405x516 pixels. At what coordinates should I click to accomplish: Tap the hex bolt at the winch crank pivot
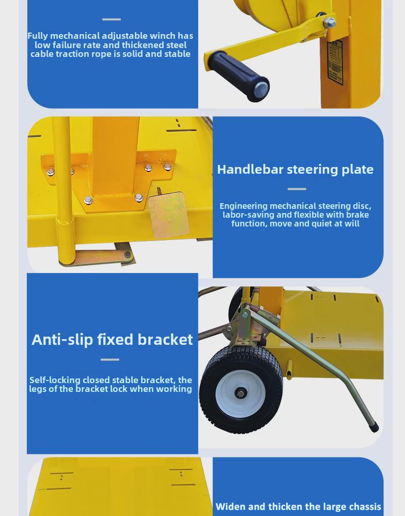(330, 23)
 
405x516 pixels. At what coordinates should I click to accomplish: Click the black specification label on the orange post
(335, 63)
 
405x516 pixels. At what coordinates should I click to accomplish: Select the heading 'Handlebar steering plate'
(295, 170)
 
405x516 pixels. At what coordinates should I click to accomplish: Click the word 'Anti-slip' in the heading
(62, 340)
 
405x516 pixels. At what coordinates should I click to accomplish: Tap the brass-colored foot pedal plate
(168, 215)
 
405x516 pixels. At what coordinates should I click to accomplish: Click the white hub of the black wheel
(241, 393)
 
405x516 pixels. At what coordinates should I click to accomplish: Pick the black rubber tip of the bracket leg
(374, 427)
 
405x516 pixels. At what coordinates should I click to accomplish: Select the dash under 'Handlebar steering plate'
(297, 189)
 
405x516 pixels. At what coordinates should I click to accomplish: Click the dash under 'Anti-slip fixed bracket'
(110, 360)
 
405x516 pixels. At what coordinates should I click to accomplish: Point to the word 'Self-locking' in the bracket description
(55, 380)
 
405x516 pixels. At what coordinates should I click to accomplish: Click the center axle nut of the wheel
(240, 393)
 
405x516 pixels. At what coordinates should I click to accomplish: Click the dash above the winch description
(112, 20)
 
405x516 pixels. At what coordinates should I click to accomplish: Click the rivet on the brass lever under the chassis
(127, 254)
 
